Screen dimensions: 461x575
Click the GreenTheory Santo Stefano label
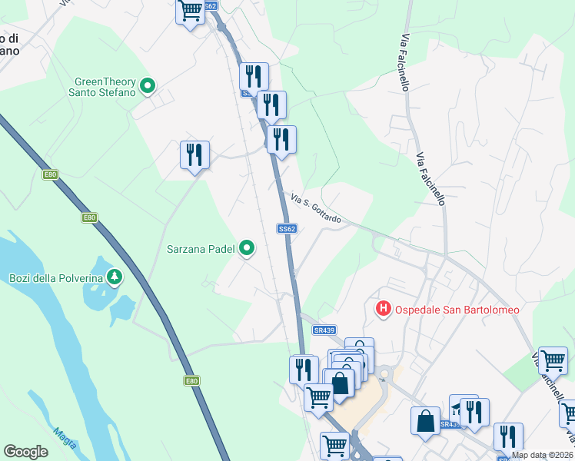[x=105, y=87]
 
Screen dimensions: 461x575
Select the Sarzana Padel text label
[x=203, y=248]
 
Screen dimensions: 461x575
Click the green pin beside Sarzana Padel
[x=247, y=247]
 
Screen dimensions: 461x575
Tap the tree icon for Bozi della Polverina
[x=114, y=276]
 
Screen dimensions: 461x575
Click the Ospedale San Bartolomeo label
[x=457, y=310]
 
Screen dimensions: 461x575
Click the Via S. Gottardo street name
[x=316, y=209]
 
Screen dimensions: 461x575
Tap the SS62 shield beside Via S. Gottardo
[x=287, y=228]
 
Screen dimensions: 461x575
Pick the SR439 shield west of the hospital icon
[x=324, y=330]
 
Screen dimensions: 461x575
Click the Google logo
[x=25, y=451]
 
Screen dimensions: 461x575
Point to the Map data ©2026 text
[x=541, y=455]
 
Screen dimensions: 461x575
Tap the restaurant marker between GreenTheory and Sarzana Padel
[x=194, y=155]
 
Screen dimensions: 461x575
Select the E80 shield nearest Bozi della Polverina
[x=89, y=217]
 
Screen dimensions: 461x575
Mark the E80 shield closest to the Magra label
[x=192, y=380]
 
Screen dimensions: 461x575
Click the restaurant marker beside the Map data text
[x=507, y=436]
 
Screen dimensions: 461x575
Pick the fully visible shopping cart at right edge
[x=553, y=360]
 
